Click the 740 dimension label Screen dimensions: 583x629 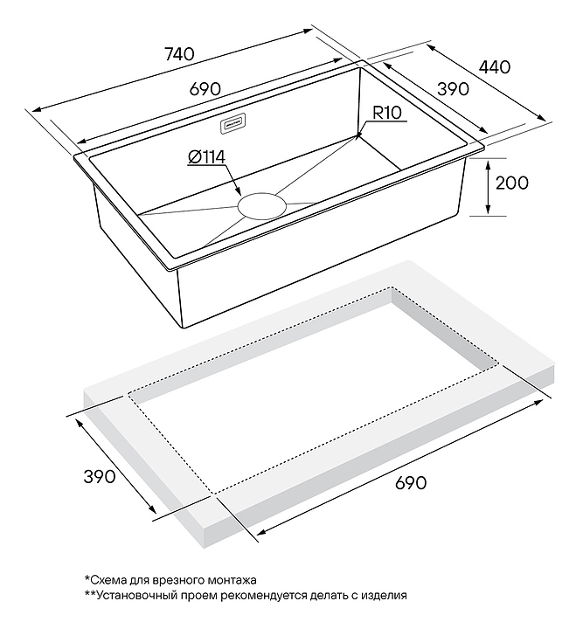point(179,54)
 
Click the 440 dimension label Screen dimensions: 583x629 point(495,67)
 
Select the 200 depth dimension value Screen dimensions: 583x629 point(512,183)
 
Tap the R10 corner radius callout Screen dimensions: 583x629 point(387,113)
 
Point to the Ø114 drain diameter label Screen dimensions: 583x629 point(206,157)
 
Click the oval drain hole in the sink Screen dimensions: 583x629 point(262,206)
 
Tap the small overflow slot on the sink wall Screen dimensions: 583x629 point(233,124)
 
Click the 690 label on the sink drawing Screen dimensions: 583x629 point(205,88)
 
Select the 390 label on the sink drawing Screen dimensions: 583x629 point(453,89)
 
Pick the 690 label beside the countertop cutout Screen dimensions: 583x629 point(411,482)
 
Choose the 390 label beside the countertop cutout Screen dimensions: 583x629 point(100,477)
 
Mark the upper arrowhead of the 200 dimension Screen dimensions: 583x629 point(488,163)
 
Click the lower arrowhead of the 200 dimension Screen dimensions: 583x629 point(488,210)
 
